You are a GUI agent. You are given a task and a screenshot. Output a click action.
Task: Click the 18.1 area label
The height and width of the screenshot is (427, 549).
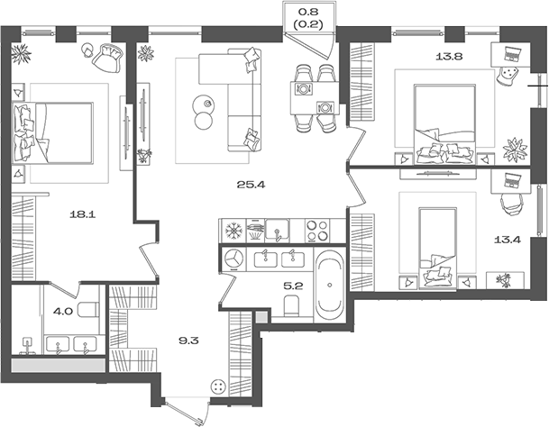[83, 214]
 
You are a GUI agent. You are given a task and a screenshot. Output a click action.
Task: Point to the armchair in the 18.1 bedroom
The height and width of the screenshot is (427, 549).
[108, 59]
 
